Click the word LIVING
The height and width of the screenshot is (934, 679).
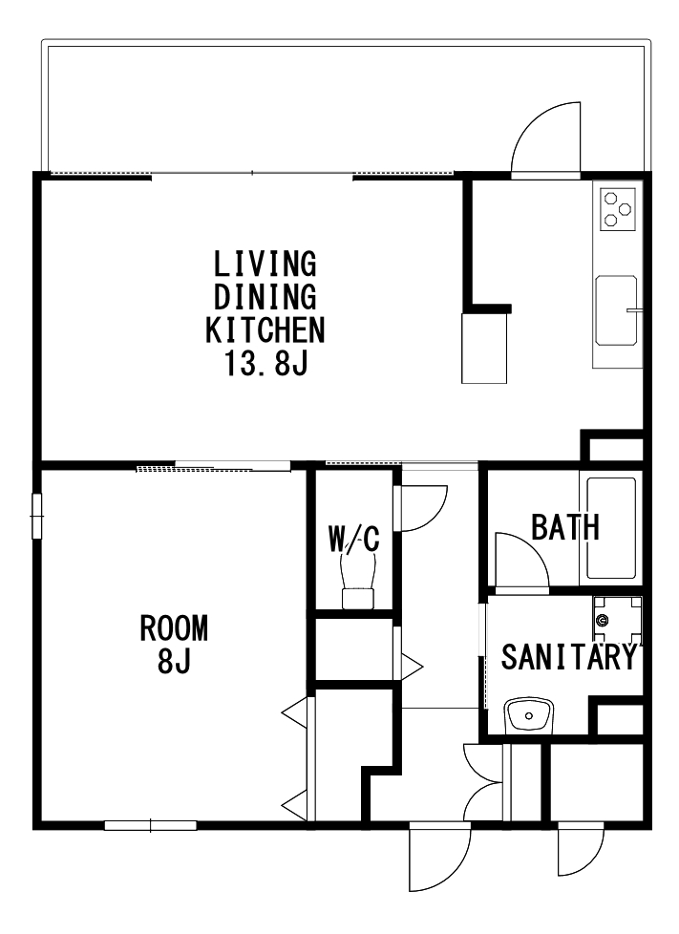click(265, 264)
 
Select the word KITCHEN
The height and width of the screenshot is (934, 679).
click(265, 329)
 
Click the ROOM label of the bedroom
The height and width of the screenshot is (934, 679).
click(174, 627)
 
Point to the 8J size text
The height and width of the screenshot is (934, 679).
click(174, 660)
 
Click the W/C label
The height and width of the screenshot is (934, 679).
click(353, 539)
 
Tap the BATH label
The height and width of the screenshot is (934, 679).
click(565, 527)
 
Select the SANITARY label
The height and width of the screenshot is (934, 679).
click(569, 656)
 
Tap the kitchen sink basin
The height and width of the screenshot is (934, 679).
click(617, 310)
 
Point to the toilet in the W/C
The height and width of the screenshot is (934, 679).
click(357, 580)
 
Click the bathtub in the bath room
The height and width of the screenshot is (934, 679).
click(611, 528)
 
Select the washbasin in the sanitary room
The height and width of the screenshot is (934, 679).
click(529, 715)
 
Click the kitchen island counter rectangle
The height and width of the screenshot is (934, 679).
click(484, 349)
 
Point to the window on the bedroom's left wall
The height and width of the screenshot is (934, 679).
click(37, 516)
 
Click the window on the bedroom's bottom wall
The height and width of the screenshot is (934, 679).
click(151, 825)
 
